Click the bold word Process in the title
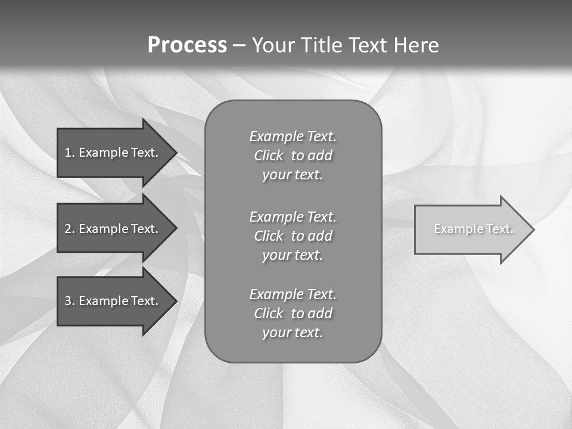click(x=187, y=45)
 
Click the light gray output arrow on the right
click(x=471, y=229)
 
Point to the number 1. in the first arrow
click(x=70, y=153)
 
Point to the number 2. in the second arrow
click(x=70, y=229)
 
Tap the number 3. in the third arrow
click(x=70, y=301)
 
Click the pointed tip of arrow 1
click(x=173, y=153)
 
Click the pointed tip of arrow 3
click(x=173, y=301)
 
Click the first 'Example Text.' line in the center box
click(x=293, y=136)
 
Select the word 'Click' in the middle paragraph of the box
click(x=268, y=236)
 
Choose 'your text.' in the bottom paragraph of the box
click(x=293, y=332)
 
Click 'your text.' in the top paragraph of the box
click(x=293, y=175)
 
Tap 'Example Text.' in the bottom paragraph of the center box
click(x=293, y=294)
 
